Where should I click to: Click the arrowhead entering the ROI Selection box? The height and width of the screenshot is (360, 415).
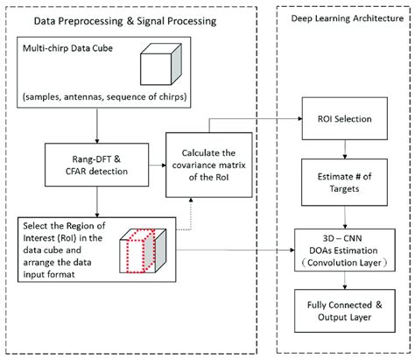tap(295, 118)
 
